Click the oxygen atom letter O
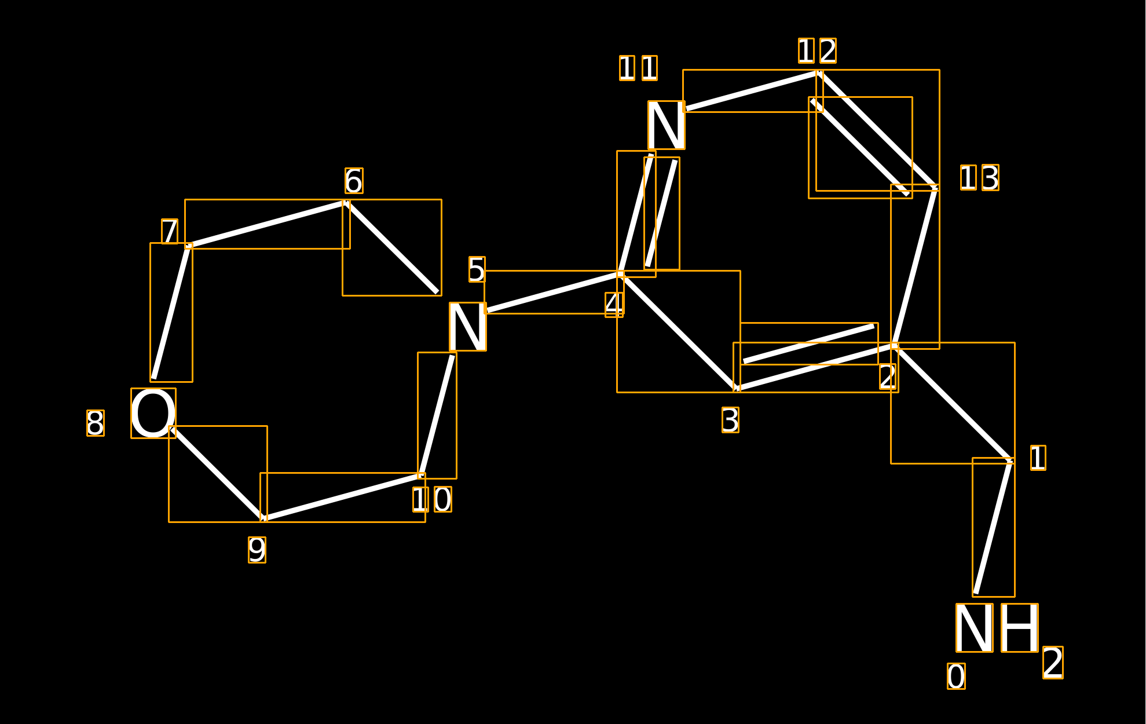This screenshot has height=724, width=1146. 153,413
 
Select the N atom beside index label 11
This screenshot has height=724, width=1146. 667,125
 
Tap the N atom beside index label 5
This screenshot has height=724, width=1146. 468,327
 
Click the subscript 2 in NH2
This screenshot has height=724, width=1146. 1053,663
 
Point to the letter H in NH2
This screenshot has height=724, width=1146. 1020,628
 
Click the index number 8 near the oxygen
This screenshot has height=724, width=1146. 96,423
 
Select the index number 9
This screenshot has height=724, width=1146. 257,550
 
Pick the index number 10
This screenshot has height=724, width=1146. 432,499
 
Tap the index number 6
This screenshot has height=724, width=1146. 354,181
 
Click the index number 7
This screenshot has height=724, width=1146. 170,231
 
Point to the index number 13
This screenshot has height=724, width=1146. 980,178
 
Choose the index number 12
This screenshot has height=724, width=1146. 817,51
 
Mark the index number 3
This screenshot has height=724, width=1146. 730,420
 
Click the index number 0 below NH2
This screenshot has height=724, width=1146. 956,677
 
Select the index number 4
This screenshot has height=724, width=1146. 614,305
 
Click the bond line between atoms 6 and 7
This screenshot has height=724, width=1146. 266,224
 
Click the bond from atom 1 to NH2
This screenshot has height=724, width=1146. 994,526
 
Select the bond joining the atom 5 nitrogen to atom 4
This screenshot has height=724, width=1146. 553,292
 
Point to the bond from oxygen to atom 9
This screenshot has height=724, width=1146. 218,474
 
